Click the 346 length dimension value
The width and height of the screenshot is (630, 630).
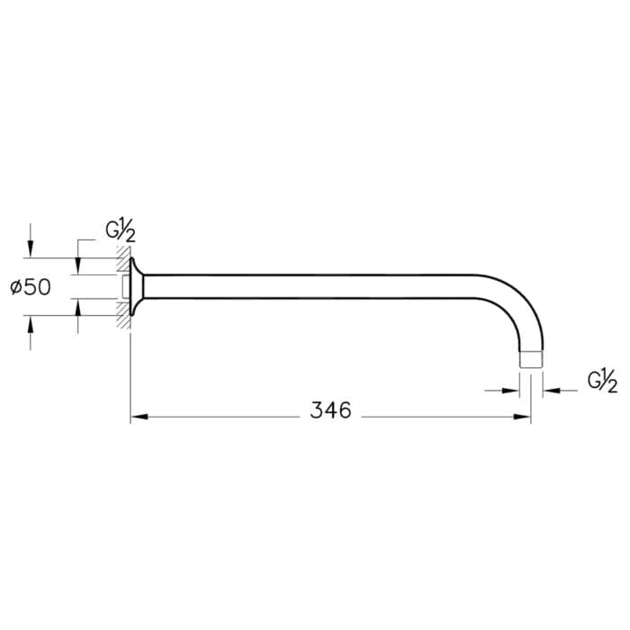tap(330, 410)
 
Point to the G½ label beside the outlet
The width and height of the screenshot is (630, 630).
tap(602, 381)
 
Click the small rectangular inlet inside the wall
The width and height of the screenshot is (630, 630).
tap(125, 287)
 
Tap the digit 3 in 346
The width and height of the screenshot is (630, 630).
tap(317, 410)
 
